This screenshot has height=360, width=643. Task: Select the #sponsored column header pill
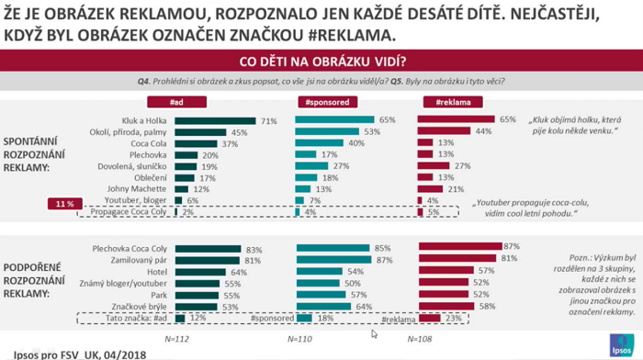[x=326, y=103]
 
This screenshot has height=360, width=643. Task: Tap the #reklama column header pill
[x=453, y=103]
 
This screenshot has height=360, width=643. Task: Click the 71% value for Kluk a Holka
[x=268, y=120]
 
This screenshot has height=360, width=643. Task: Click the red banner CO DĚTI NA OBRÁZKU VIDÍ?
[x=321, y=62]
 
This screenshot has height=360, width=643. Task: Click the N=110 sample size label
[x=299, y=338]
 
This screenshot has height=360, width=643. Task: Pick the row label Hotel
[x=157, y=272]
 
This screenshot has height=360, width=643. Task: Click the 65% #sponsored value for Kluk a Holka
[x=387, y=120]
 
